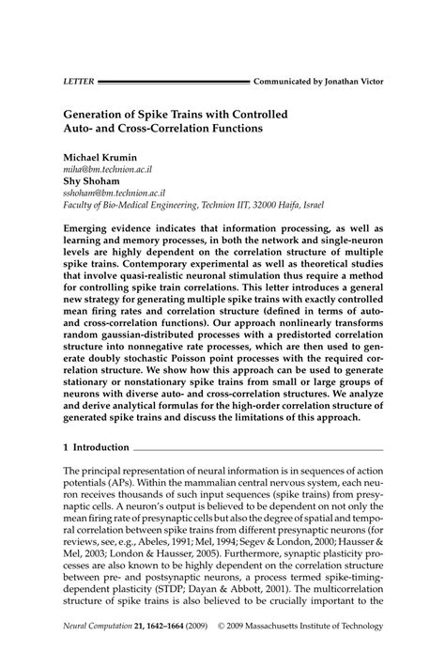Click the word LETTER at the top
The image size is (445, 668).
(x=78, y=82)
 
